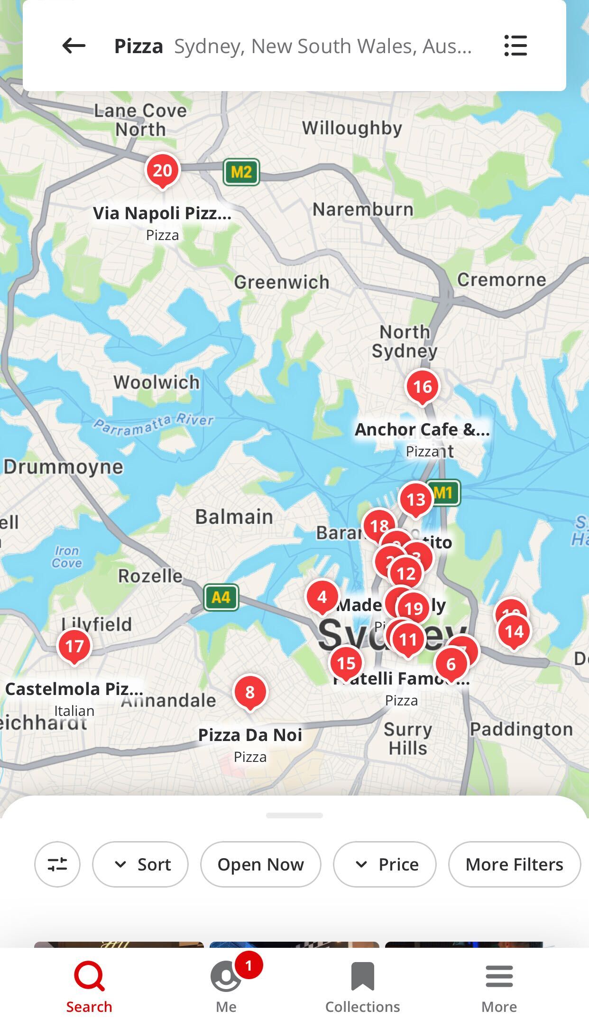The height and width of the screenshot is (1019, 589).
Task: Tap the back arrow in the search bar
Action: (74, 46)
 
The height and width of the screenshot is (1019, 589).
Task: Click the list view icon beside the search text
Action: (515, 46)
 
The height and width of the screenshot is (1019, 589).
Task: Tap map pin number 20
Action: (163, 170)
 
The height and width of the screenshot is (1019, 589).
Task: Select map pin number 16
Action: (422, 387)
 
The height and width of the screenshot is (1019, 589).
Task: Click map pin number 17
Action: (74, 646)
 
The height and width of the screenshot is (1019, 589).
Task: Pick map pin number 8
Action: (250, 692)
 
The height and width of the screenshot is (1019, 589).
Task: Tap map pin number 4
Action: (322, 597)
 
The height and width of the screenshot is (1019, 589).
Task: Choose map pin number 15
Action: (346, 663)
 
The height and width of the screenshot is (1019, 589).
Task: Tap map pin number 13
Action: (416, 499)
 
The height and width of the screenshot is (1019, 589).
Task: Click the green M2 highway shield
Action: (241, 172)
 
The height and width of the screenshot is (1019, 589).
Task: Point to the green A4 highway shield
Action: (221, 597)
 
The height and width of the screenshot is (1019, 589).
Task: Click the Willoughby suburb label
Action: (352, 128)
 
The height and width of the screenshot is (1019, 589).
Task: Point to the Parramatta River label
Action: (153, 424)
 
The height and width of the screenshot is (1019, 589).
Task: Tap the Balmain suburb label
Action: (234, 517)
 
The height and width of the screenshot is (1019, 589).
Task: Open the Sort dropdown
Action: (140, 864)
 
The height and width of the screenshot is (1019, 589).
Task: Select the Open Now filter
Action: (260, 864)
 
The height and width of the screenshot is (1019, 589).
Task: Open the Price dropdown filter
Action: (385, 864)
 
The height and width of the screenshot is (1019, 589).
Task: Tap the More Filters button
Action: (514, 864)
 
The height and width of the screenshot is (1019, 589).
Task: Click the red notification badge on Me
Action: (248, 965)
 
